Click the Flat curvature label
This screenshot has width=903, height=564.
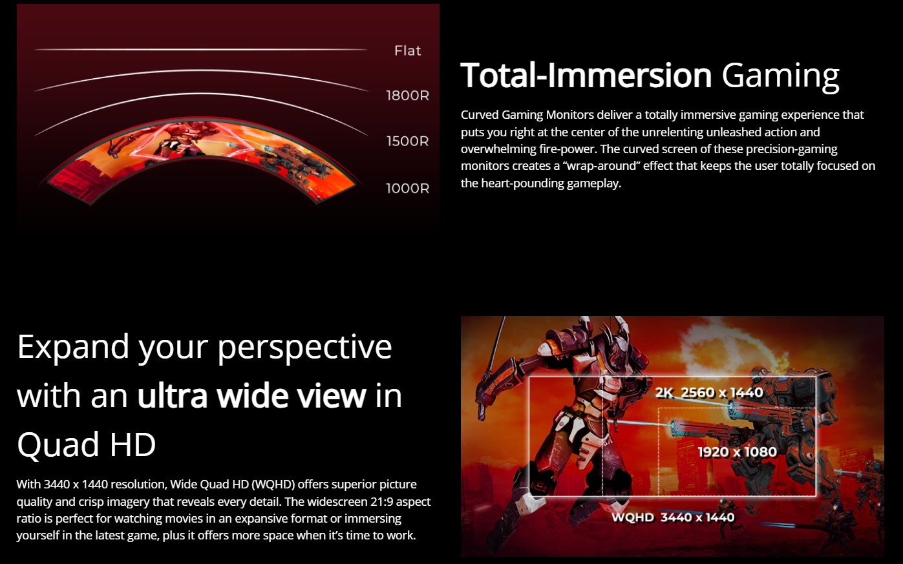[x=408, y=51]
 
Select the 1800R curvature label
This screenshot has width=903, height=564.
[x=408, y=96]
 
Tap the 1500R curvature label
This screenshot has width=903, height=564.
[x=408, y=141]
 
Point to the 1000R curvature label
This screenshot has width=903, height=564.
[x=408, y=188]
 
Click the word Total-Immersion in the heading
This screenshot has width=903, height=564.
[x=586, y=76]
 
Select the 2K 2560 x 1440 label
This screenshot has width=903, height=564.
[x=709, y=392]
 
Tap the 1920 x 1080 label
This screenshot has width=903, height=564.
[x=738, y=452]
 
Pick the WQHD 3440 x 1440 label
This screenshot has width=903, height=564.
[x=673, y=517]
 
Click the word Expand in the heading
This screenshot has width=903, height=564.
[x=73, y=348]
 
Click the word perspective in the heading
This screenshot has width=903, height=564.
[x=304, y=348]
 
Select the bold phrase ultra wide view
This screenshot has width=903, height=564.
[x=252, y=395]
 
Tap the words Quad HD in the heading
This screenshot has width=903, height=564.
[x=86, y=444]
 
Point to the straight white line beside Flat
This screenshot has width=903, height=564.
[x=201, y=50]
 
